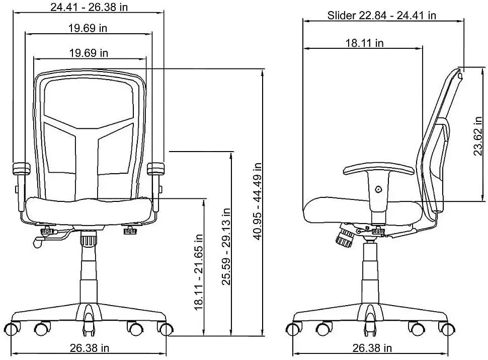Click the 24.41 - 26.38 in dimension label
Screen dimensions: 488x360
(89, 7)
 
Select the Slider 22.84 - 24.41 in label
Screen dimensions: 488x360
(381, 15)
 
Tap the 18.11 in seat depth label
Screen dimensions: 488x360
(364, 43)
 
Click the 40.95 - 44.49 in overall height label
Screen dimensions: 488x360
(257, 201)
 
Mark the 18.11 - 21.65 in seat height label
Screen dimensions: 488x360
(199, 270)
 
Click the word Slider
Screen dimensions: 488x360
(342, 15)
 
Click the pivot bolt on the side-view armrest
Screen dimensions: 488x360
(378, 189)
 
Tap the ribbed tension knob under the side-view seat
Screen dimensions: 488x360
(345, 236)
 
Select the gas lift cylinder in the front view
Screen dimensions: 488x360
(90, 272)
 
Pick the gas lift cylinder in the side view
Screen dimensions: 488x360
(370, 272)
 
